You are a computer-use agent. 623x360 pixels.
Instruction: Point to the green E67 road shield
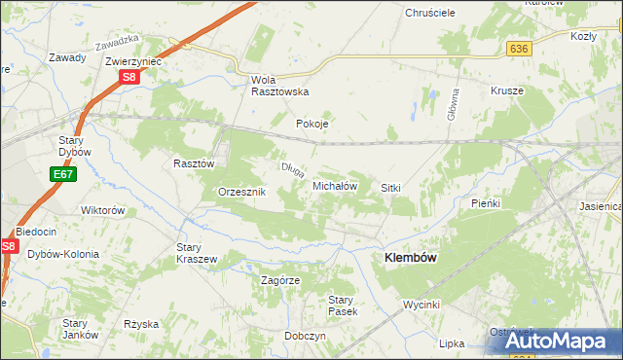(62, 173)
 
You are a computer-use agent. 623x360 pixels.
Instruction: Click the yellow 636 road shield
(518, 49)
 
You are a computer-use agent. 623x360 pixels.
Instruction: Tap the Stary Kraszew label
(196, 253)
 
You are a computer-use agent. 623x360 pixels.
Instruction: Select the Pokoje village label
(312, 125)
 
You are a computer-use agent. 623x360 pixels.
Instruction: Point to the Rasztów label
(193, 164)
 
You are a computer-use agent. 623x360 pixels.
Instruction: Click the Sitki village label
(391, 187)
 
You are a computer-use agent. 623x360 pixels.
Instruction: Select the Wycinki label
(423, 305)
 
